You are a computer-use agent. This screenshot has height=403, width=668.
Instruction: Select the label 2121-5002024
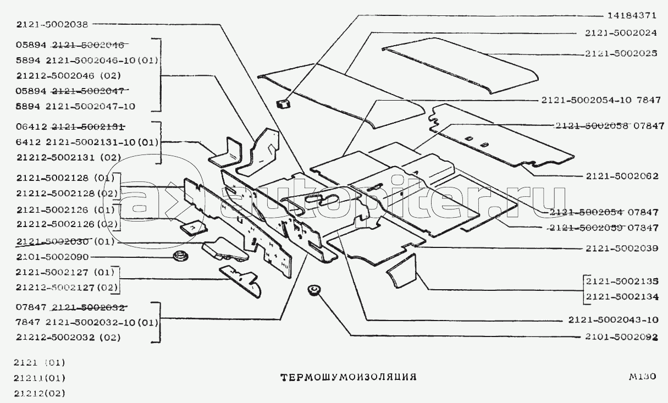tap(621, 33)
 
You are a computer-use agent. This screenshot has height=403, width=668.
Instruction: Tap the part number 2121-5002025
tap(621, 54)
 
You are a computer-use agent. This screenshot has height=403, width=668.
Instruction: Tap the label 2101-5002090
tap(52, 257)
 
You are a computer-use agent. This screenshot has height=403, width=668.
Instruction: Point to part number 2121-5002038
tap(52, 24)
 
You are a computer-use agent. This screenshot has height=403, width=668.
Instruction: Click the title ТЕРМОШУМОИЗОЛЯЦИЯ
tap(348, 377)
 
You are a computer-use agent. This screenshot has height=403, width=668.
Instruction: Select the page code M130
tap(643, 377)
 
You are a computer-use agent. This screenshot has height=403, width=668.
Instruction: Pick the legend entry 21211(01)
tap(41, 378)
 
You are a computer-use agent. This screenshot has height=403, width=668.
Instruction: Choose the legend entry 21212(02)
tap(41, 393)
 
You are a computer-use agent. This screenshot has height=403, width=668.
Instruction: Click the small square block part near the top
tap(284, 104)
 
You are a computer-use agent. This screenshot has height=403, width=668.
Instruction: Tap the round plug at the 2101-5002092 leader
tap(314, 290)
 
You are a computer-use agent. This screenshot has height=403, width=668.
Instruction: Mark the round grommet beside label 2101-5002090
tap(179, 256)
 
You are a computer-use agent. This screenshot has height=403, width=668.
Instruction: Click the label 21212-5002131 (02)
tap(68, 157)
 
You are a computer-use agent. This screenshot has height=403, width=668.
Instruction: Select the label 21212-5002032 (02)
tap(68, 337)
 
